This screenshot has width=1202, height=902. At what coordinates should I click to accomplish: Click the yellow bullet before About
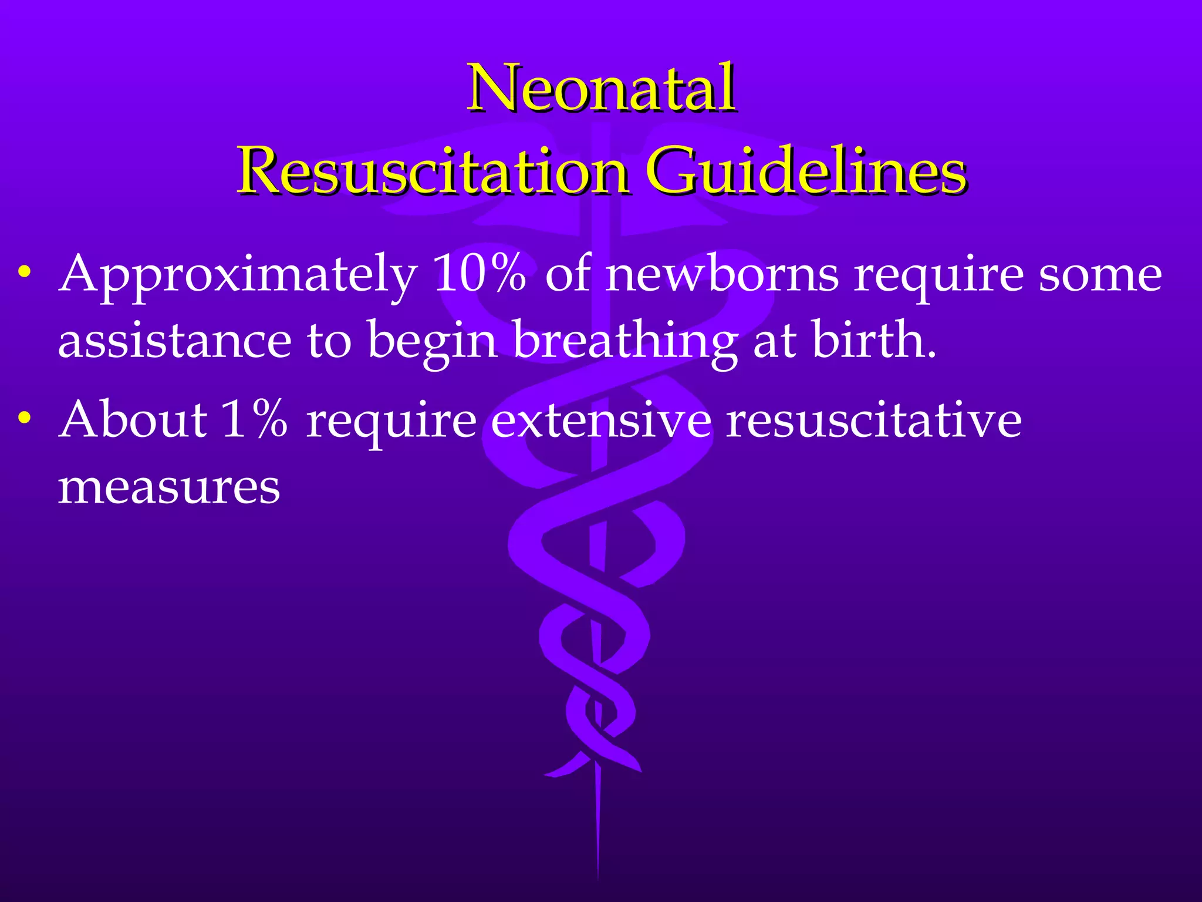click(24, 418)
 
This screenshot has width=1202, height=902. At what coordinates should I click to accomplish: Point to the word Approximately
click(238, 275)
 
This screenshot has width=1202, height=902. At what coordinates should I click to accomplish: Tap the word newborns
click(722, 274)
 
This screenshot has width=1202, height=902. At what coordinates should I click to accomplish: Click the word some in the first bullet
click(1100, 275)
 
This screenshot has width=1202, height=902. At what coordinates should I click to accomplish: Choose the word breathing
click(626, 342)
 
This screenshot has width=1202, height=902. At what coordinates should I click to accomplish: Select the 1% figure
click(255, 419)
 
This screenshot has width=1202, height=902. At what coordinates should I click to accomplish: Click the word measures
click(169, 487)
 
